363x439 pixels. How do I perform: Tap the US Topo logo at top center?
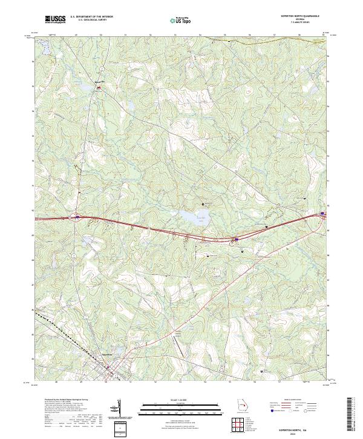pyautogui.click(x=181, y=21)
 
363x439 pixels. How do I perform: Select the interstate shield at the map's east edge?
pyautogui.click(x=322, y=213)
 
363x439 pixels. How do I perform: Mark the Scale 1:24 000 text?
pyautogui.click(x=181, y=399)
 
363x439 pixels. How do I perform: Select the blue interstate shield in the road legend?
pyautogui.click(x=272, y=410)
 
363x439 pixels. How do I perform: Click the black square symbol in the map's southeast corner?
pyautogui.click(x=261, y=371)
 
